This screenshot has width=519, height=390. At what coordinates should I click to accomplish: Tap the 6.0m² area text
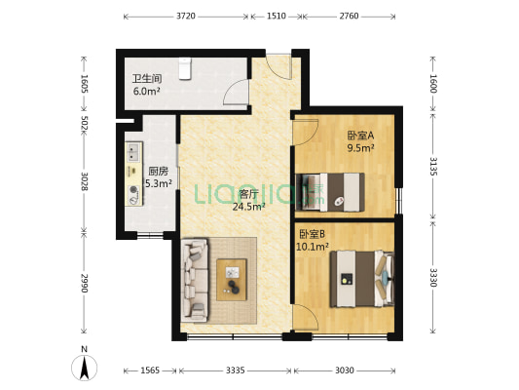coord(147,93)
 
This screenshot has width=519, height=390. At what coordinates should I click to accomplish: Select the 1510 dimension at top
coord(276,17)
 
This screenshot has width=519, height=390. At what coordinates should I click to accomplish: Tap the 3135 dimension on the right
coord(431,167)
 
